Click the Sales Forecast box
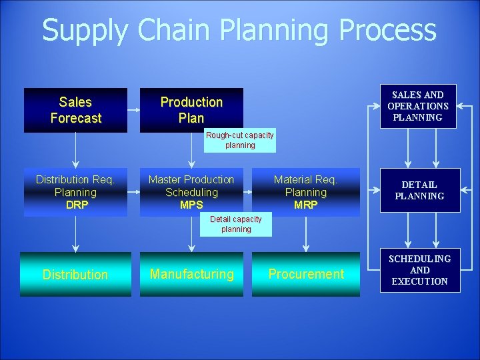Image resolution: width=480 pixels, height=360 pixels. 75,110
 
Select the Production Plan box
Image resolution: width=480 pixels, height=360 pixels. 191,110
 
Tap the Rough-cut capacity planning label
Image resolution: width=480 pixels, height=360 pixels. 239,140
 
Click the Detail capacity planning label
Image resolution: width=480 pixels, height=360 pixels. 236,224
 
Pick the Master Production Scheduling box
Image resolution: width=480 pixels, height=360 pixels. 191,192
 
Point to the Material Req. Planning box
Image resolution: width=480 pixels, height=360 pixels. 306,192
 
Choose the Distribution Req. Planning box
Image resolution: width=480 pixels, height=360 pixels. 75,192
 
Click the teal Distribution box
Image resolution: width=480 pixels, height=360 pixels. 75,274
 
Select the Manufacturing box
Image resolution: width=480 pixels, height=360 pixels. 192,274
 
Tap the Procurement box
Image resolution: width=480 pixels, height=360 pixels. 306,274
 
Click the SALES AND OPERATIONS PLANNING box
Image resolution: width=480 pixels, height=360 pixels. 418,106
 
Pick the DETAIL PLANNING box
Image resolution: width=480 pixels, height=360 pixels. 419,191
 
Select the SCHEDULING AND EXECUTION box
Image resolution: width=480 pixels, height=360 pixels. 420,270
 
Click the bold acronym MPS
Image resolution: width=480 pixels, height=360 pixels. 191,205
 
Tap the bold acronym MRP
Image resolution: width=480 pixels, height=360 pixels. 306,205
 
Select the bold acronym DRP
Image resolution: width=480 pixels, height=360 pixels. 77,205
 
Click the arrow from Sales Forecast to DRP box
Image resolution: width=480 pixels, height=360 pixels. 75,149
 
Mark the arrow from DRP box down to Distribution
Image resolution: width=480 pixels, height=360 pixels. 75,234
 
